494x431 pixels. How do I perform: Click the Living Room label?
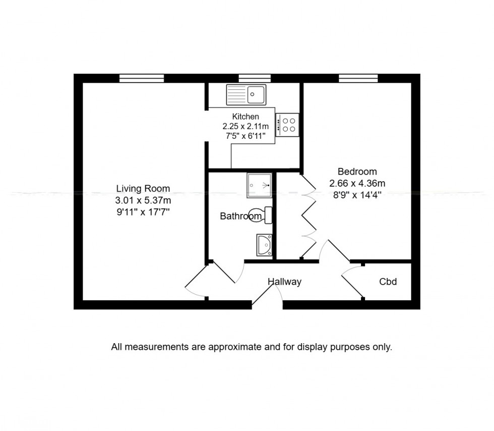click(143, 189)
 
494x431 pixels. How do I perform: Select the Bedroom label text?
click(357, 172)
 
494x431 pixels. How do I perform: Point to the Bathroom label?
click(240, 217)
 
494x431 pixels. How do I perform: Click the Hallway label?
click(284, 282)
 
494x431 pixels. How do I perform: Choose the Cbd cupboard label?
click(388, 282)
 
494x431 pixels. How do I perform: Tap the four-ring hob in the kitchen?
click(289, 124)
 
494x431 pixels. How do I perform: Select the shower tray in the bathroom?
click(259, 185)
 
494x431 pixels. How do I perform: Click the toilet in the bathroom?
click(265, 215)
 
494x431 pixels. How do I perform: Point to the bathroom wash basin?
click(264, 245)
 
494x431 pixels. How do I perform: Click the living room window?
click(142, 78)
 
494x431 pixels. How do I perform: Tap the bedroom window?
click(358, 78)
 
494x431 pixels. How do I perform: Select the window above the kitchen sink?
click(255, 78)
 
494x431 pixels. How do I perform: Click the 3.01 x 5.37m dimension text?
click(143, 200)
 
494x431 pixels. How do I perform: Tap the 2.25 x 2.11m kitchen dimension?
click(245, 126)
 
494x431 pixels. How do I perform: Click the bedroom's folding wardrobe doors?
click(308, 217)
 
